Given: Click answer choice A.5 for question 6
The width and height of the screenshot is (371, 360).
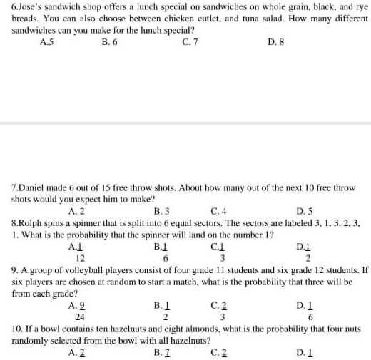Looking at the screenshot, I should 47,42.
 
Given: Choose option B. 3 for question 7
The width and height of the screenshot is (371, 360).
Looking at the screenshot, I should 162,211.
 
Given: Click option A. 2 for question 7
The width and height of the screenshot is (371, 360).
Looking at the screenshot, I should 77,211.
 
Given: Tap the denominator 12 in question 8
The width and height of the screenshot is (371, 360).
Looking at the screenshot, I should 80,258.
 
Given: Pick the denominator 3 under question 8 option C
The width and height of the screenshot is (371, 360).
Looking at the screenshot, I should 223,258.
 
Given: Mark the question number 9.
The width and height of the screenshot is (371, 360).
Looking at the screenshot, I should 16,271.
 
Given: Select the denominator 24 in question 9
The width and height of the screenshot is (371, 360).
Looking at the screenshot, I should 80,317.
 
